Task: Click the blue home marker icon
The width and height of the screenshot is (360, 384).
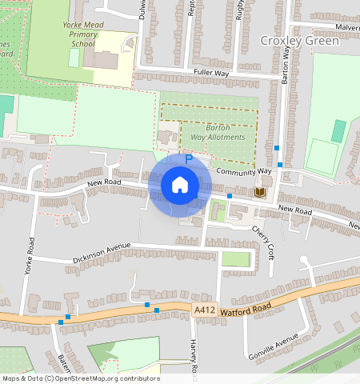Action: click(180, 186)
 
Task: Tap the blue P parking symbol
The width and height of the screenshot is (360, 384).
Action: click(189, 159)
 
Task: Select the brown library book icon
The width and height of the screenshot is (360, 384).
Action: click(259, 193)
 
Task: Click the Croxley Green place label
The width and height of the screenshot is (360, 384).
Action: click(299, 40)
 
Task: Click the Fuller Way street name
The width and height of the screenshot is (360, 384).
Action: click(211, 73)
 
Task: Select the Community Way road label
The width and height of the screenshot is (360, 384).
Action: click(243, 171)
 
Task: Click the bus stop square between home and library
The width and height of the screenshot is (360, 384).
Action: click(230, 196)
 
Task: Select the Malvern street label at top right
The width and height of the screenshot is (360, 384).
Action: click(346, 27)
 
